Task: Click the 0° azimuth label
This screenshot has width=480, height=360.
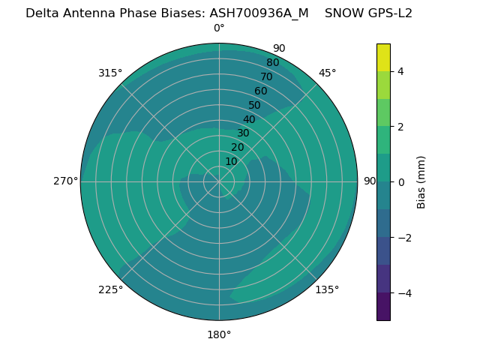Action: click(219, 28)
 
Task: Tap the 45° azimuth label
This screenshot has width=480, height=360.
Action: click(327, 73)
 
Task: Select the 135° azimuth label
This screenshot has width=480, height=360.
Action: click(327, 289)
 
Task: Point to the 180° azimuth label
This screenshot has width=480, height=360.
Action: click(219, 334)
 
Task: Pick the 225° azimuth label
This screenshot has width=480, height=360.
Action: click(110, 289)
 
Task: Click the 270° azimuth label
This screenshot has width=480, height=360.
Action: click(65, 181)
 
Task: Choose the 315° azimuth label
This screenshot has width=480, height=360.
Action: click(110, 73)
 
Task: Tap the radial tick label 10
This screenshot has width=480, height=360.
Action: click(231, 161)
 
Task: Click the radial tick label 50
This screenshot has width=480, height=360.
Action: click(255, 106)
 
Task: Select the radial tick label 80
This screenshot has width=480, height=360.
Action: click(273, 63)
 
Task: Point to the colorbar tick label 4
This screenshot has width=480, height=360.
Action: click(401, 71)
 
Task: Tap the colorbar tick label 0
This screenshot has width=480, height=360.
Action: click(401, 182)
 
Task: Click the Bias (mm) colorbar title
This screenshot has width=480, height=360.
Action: click(421, 182)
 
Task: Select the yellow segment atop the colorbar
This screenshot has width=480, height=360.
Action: click(383, 58)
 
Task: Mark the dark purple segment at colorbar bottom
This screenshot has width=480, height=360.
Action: click(383, 307)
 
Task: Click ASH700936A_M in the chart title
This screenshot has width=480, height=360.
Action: click(259, 13)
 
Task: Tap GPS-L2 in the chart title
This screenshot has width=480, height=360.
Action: click(387, 13)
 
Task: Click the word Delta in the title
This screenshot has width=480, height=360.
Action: click(43, 13)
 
